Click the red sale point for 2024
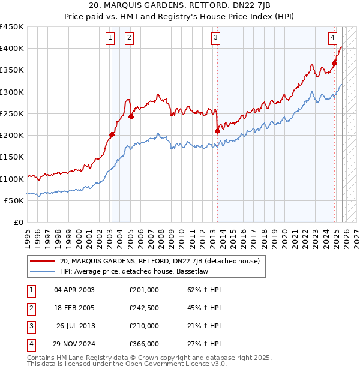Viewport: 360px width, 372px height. tap(335, 63)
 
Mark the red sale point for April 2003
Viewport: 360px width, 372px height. tap(112, 134)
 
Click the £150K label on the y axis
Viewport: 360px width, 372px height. tap(12, 157)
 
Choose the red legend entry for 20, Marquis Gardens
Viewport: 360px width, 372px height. tap(160, 261)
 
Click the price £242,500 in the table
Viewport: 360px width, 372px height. tap(144, 308)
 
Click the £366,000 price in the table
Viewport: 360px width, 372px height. tap(144, 344)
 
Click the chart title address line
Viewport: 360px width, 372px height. tap(180, 6)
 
